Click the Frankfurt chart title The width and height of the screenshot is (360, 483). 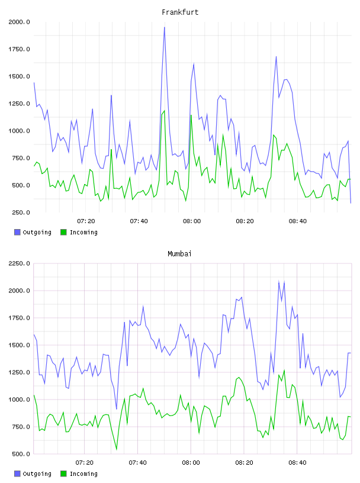click(180, 12)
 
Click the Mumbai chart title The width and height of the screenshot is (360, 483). click(179, 254)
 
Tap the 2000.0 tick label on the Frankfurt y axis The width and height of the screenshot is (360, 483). click(19, 22)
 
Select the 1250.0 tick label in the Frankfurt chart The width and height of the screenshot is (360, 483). click(19, 104)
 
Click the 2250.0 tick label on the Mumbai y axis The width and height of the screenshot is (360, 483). click(19, 263)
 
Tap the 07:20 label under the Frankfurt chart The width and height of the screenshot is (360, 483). click(86, 221)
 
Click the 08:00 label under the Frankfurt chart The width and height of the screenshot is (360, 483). click(192, 221)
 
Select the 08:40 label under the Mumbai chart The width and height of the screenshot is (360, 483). click(297, 463)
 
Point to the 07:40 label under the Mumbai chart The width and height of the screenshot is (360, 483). click(137, 463)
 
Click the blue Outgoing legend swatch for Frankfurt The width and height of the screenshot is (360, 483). click(17, 232)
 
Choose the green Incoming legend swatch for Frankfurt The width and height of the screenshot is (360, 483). click(63, 232)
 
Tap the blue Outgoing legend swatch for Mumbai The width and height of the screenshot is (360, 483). click(17, 474)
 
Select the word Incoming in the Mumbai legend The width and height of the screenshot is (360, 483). click(84, 474)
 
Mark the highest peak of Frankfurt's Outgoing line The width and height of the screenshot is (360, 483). click(164, 27)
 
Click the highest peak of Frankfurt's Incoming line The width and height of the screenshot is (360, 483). click(164, 111)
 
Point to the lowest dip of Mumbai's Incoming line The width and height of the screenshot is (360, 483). click(117, 449)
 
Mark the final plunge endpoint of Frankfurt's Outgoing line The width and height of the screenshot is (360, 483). click(351, 203)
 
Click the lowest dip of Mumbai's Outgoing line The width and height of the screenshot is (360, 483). click(117, 409)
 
